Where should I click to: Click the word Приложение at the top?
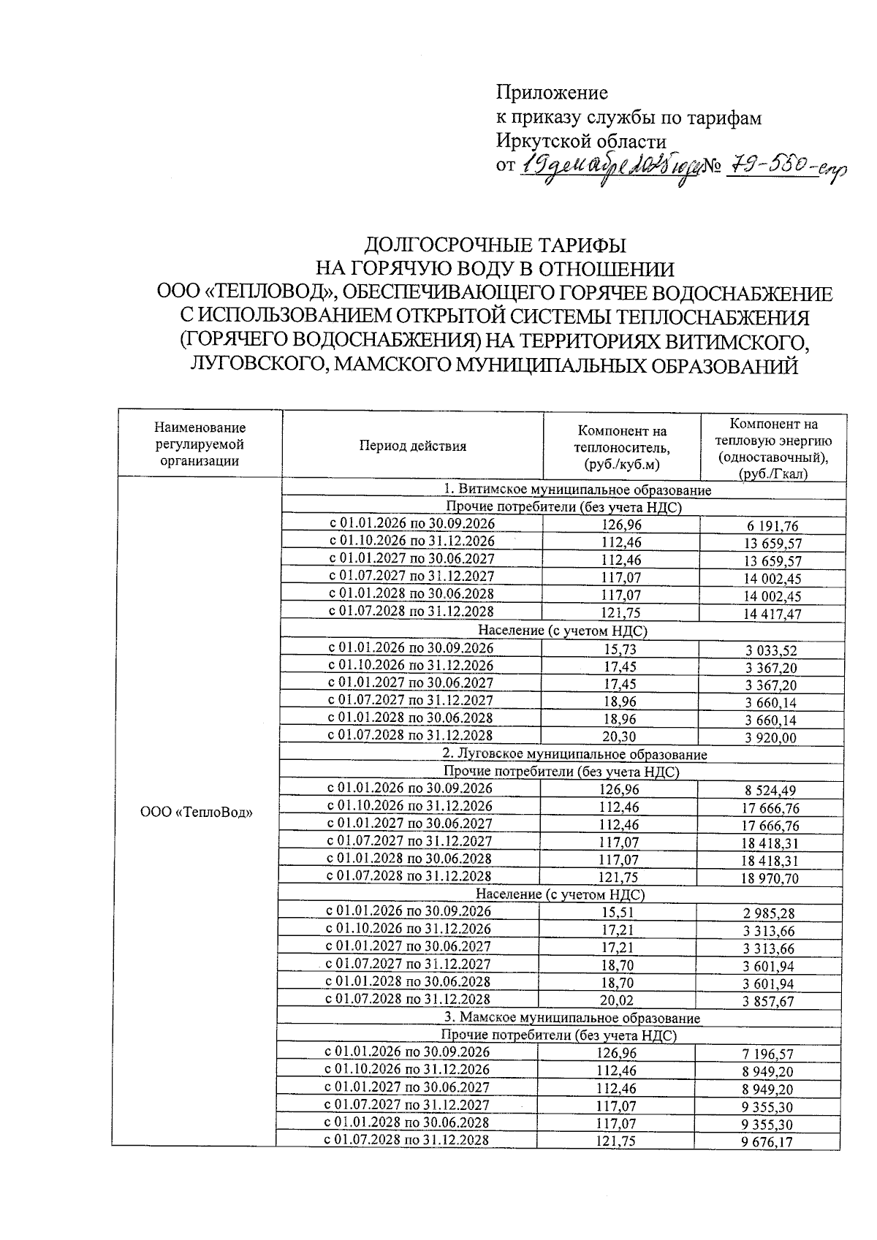pos(552,93)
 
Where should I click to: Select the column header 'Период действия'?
pos(412,446)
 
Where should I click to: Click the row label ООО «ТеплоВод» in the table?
pos(196,812)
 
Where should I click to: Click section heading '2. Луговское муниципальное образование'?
pos(574,753)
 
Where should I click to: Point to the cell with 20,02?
pos(617,1000)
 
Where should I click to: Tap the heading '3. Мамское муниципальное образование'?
pos(572,1018)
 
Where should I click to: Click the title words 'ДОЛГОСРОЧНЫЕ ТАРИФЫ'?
pos(496,243)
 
